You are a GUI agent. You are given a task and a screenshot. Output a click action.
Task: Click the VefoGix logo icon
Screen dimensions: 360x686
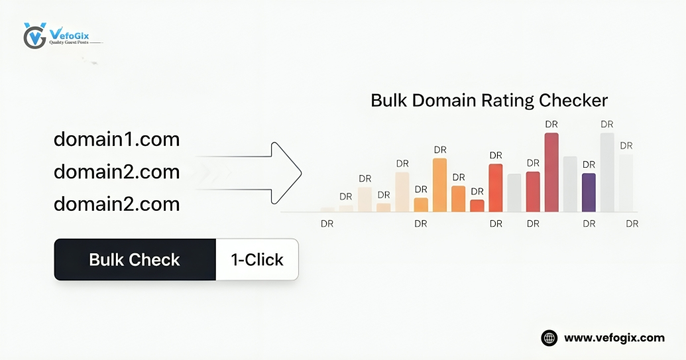(x=34, y=36)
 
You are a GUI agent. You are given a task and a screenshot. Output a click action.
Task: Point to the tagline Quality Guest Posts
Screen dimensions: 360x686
(x=69, y=42)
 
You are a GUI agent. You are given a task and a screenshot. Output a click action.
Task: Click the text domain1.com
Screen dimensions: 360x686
(x=117, y=140)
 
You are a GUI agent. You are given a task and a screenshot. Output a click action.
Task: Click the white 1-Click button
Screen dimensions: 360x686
(x=257, y=259)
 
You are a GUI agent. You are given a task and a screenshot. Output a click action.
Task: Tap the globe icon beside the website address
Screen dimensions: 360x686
(x=549, y=338)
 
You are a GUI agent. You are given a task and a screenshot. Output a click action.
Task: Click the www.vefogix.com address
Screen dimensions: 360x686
(x=614, y=338)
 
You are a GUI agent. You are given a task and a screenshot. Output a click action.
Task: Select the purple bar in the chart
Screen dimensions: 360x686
(x=589, y=192)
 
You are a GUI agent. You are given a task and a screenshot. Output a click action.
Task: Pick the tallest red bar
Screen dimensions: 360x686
(x=551, y=172)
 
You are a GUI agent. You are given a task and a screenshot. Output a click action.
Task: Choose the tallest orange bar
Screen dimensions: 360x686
(x=439, y=185)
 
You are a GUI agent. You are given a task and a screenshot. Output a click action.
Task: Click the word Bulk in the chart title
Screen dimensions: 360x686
(x=389, y=101)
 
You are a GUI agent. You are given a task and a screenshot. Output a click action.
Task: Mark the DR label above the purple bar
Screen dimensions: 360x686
(x=589, y=164)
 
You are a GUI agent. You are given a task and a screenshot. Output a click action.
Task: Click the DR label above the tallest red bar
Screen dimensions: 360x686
(x=551, y=124)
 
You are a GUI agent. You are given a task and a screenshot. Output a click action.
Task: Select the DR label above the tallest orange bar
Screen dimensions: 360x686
(x=439, y=150)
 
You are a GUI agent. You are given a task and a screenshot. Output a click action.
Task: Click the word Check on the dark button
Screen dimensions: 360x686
(x=157, y=259)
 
